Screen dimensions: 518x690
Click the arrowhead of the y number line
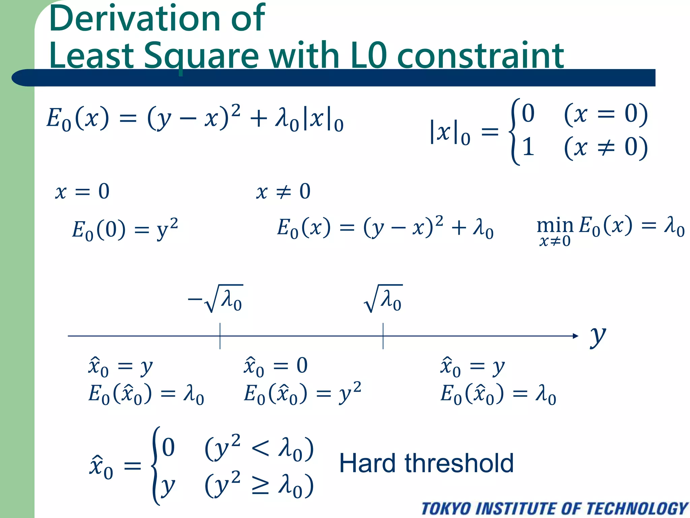[x=575, y=336]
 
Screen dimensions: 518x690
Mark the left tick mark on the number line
[x=220, y=336]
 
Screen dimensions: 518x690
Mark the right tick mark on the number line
[x=383, y=336]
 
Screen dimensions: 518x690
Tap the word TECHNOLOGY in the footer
[x=637, y=509]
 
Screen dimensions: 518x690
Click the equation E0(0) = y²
[x=125, y=229]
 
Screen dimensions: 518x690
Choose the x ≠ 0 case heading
[x=283, y=192]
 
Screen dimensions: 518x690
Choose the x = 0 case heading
[x=83, y=192]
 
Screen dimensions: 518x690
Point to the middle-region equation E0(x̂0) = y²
[x=302, y=394]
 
